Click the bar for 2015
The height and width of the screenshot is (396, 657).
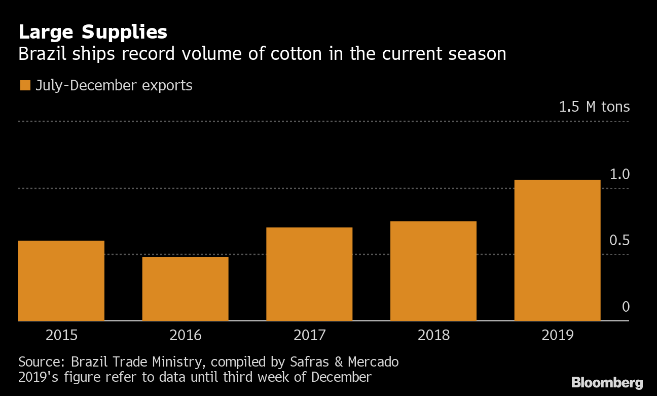point(61,281)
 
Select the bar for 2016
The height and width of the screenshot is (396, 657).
point(185,289)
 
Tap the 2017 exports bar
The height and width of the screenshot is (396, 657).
point(309,274)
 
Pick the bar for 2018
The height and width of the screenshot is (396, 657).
point(433,271)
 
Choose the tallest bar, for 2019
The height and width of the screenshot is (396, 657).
point(557,250)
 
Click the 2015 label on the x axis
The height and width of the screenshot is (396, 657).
point(61,336)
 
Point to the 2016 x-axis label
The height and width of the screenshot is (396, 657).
point(186,336)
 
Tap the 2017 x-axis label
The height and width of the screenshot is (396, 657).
point(310,336)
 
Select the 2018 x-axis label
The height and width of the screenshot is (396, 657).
point(433,336)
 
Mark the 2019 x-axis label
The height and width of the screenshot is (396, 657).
point(558,336)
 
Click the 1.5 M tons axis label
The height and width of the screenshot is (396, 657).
point(594,107)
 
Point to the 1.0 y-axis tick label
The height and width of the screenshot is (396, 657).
point(619,175)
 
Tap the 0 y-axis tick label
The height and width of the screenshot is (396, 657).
point(626,307)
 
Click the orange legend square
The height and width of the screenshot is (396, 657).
point(24,85)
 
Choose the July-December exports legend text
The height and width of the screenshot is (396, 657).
point(114,85)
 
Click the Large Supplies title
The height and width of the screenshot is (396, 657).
point(93,32)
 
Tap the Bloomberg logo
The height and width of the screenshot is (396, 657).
point(607,382)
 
